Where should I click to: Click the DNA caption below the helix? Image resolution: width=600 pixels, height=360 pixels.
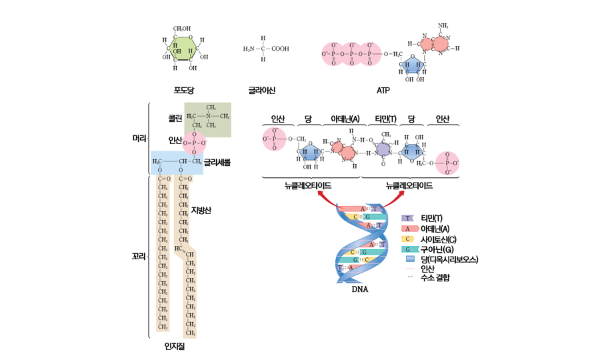360,289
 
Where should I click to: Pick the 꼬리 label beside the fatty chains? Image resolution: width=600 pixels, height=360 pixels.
139,255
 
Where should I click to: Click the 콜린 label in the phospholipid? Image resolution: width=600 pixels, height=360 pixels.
175,117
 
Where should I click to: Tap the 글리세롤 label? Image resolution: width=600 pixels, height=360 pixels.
217,161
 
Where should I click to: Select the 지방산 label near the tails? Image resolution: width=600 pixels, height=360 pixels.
201,211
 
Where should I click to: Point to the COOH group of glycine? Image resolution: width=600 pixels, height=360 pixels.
280,49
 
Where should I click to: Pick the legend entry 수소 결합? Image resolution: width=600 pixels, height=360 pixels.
435,277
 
